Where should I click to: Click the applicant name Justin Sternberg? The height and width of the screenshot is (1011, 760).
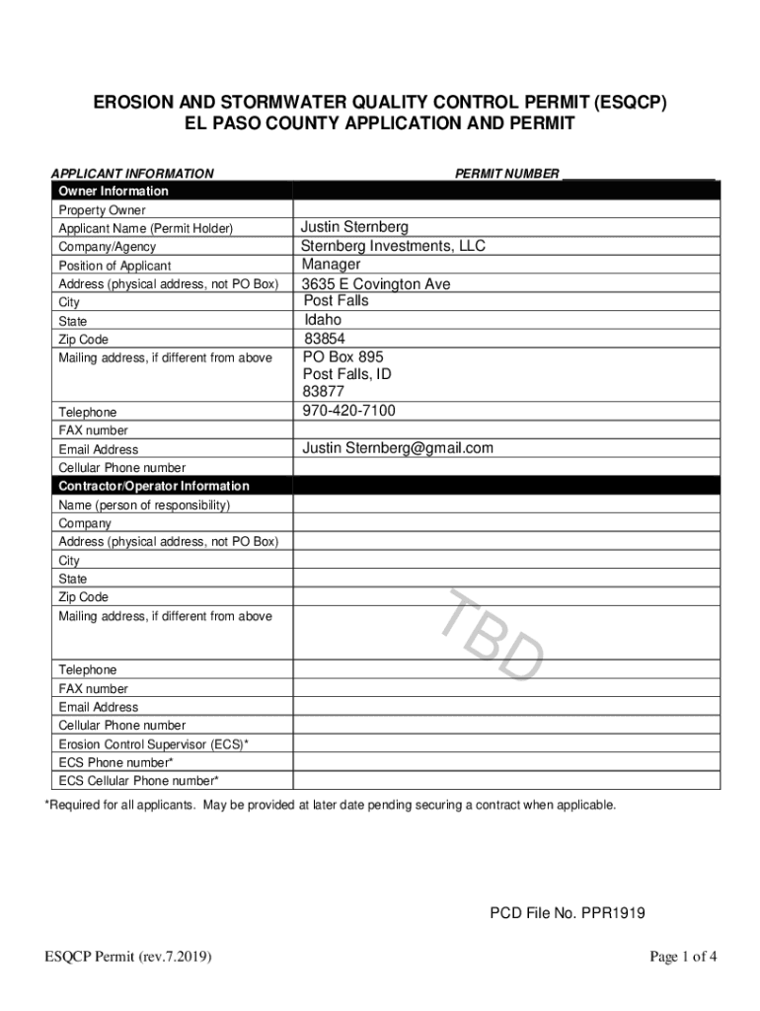pos(354,228)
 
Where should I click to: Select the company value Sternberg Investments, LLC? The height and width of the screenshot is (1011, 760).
pos(393,246)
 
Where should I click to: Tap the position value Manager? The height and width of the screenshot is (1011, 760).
pos(331,265)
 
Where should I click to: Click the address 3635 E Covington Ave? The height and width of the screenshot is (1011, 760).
pos(375,284)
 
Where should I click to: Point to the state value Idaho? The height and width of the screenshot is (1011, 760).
pos(323,321)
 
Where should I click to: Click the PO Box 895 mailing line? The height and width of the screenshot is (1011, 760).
pos(342,356)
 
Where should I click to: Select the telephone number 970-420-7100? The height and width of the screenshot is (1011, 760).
pos(348,411)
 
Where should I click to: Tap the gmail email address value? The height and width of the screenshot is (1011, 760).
pos(397,448)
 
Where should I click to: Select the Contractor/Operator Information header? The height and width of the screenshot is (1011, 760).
pos(154,487)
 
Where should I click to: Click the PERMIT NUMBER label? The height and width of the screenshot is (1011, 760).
pos(506,174)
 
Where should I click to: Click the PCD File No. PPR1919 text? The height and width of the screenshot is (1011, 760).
pos(568,913)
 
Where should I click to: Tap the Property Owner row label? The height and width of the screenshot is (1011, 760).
pos(102,210)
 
